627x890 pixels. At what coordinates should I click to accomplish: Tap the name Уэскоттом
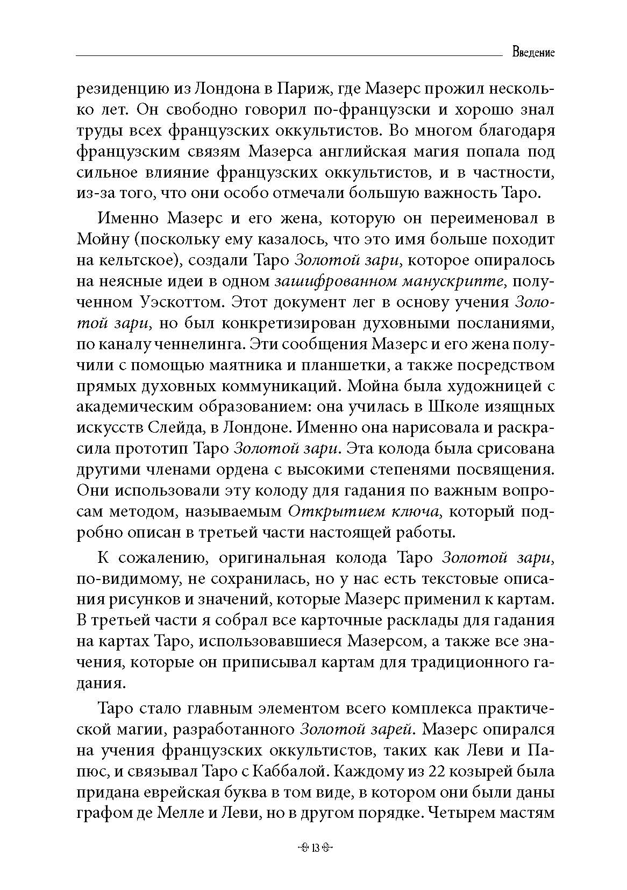tap(177, 302)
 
